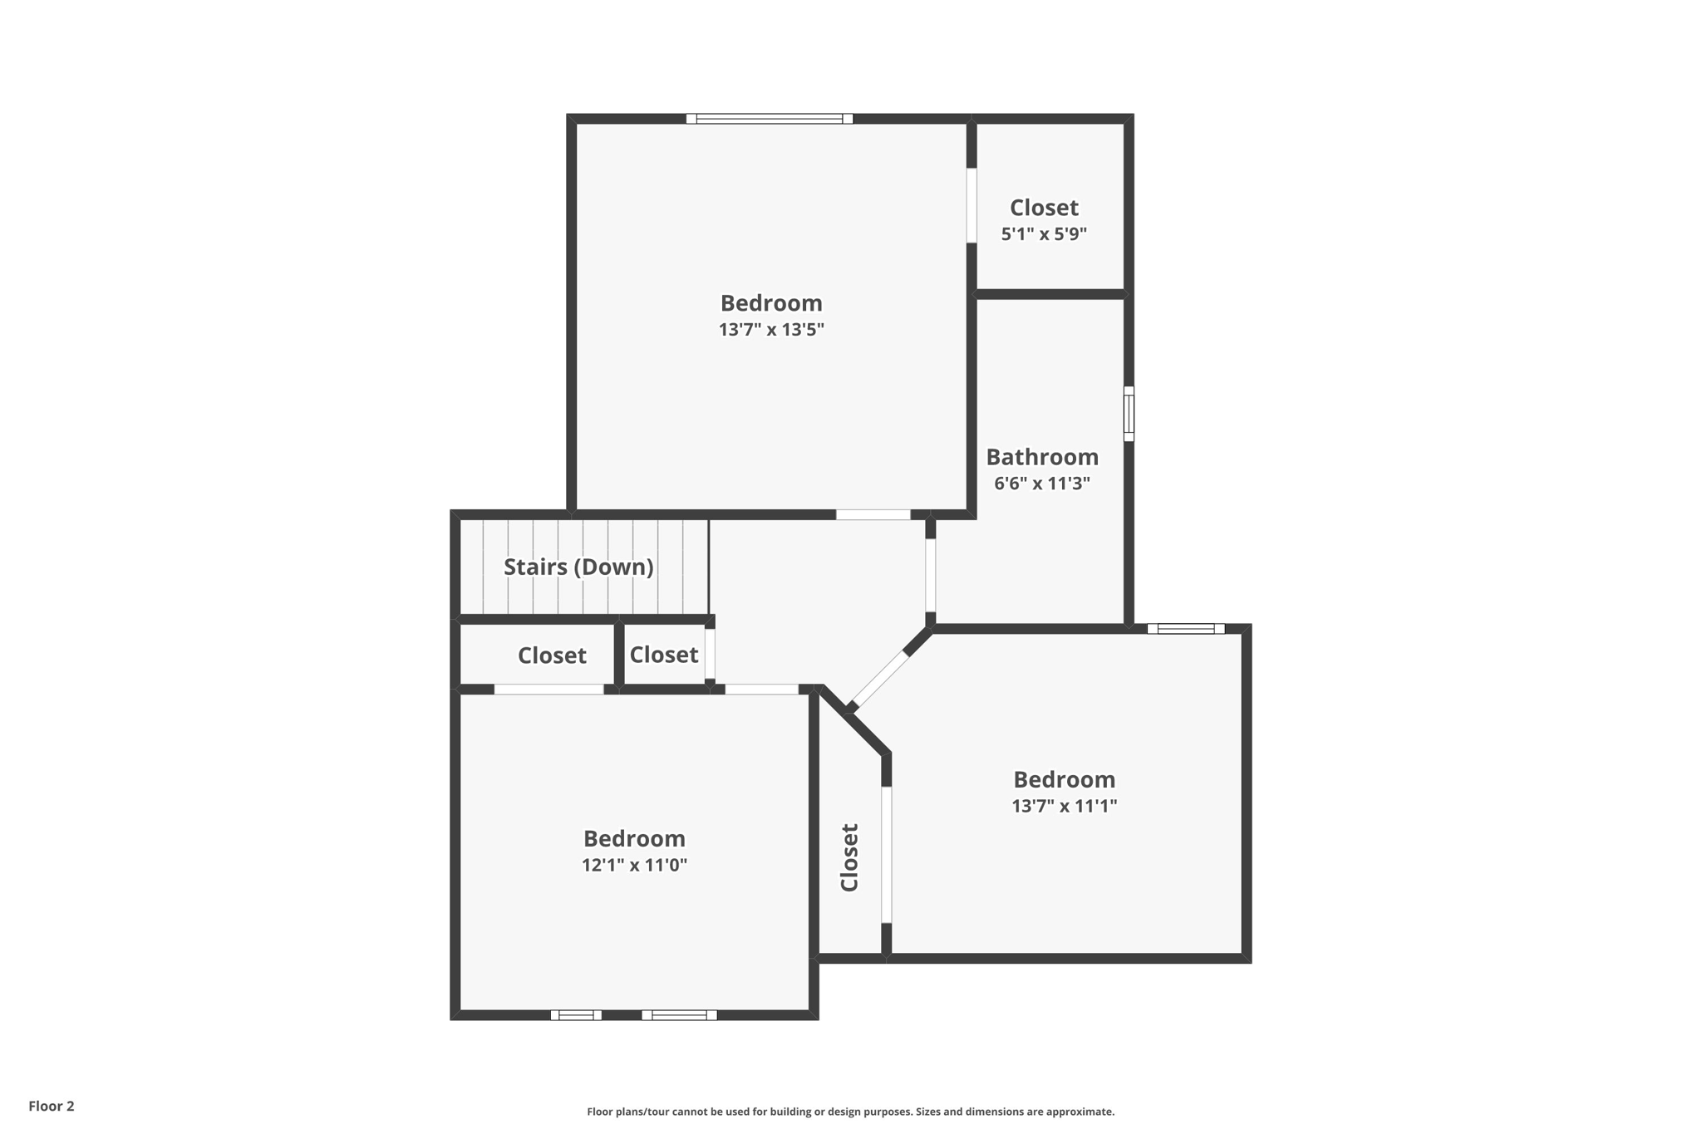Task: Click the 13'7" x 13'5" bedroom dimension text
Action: tap(771, 330)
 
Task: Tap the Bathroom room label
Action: tap(1042, 457)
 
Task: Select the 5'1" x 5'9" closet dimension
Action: tap(1044, 234)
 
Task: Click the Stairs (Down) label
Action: tap(578, 567)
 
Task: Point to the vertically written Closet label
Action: tap(849, 857)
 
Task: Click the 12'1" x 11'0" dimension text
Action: tap(634, 865)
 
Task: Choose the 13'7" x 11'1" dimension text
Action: tap(1064, 806)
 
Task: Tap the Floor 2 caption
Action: tap(52, 1106)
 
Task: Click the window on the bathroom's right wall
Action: tap(1129, 414)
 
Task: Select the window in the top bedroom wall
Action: tap(770, 119)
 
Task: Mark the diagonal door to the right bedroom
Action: tap(880, 679)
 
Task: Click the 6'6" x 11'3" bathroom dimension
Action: tap(1042, 484)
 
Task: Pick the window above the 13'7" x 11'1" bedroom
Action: tap(1186, 629)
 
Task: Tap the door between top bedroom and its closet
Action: tap(972, 205)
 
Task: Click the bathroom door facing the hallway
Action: tap(931, 575)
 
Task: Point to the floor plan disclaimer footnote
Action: tap(850, 1112)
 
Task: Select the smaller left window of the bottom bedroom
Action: tap(576, 1015)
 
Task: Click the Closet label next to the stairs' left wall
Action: tap(552, 655)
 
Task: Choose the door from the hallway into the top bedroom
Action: tap(873, 515)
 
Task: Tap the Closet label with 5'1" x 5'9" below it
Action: tap(1044, 208)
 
